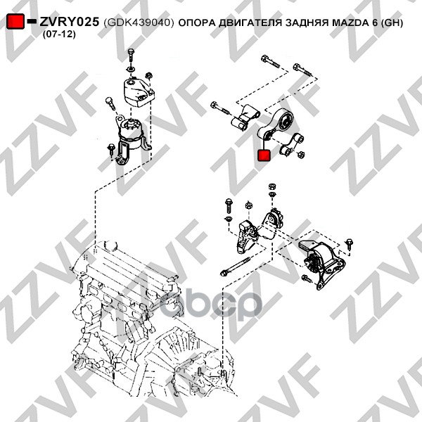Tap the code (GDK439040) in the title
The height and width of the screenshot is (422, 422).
tap(138, 23)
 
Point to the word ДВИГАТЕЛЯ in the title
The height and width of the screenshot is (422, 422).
tap(250, 23)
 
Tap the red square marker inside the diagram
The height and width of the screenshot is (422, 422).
tap(265, 155)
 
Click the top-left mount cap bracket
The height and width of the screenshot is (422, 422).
tap(137, 92)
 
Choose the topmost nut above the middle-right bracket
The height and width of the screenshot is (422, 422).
tap(271, 186)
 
